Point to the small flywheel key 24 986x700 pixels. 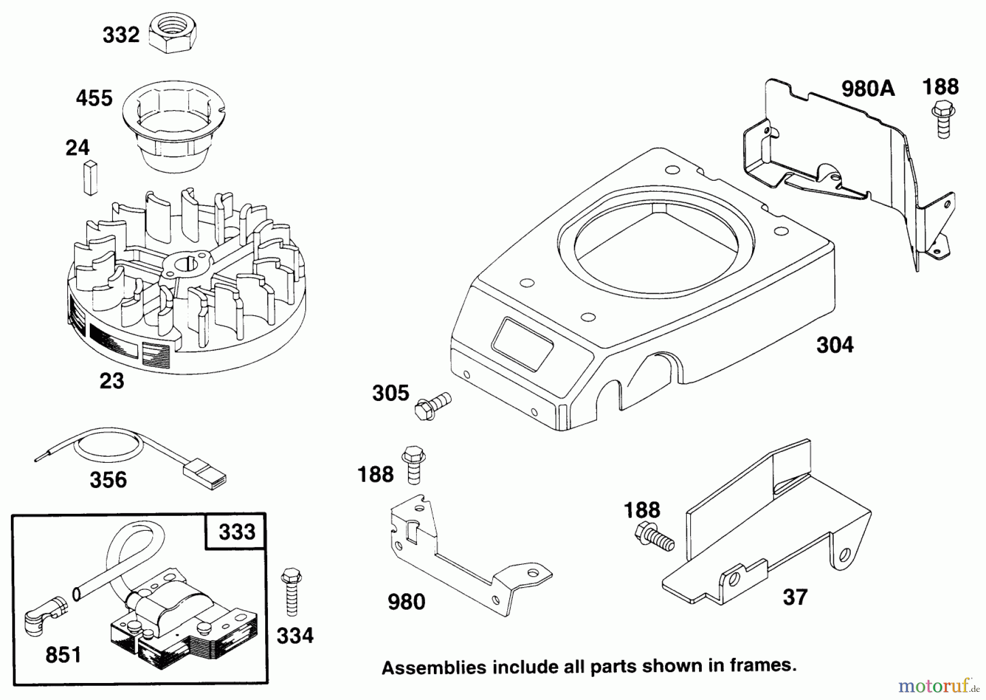pos(90,177)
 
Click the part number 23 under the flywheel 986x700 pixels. pos(112,381)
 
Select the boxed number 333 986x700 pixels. pos(237,532)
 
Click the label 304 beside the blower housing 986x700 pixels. pos(835,345)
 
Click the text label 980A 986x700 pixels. pos(868,88)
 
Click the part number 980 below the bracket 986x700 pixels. pos(406,602)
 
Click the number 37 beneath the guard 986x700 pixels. pos(795,597)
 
